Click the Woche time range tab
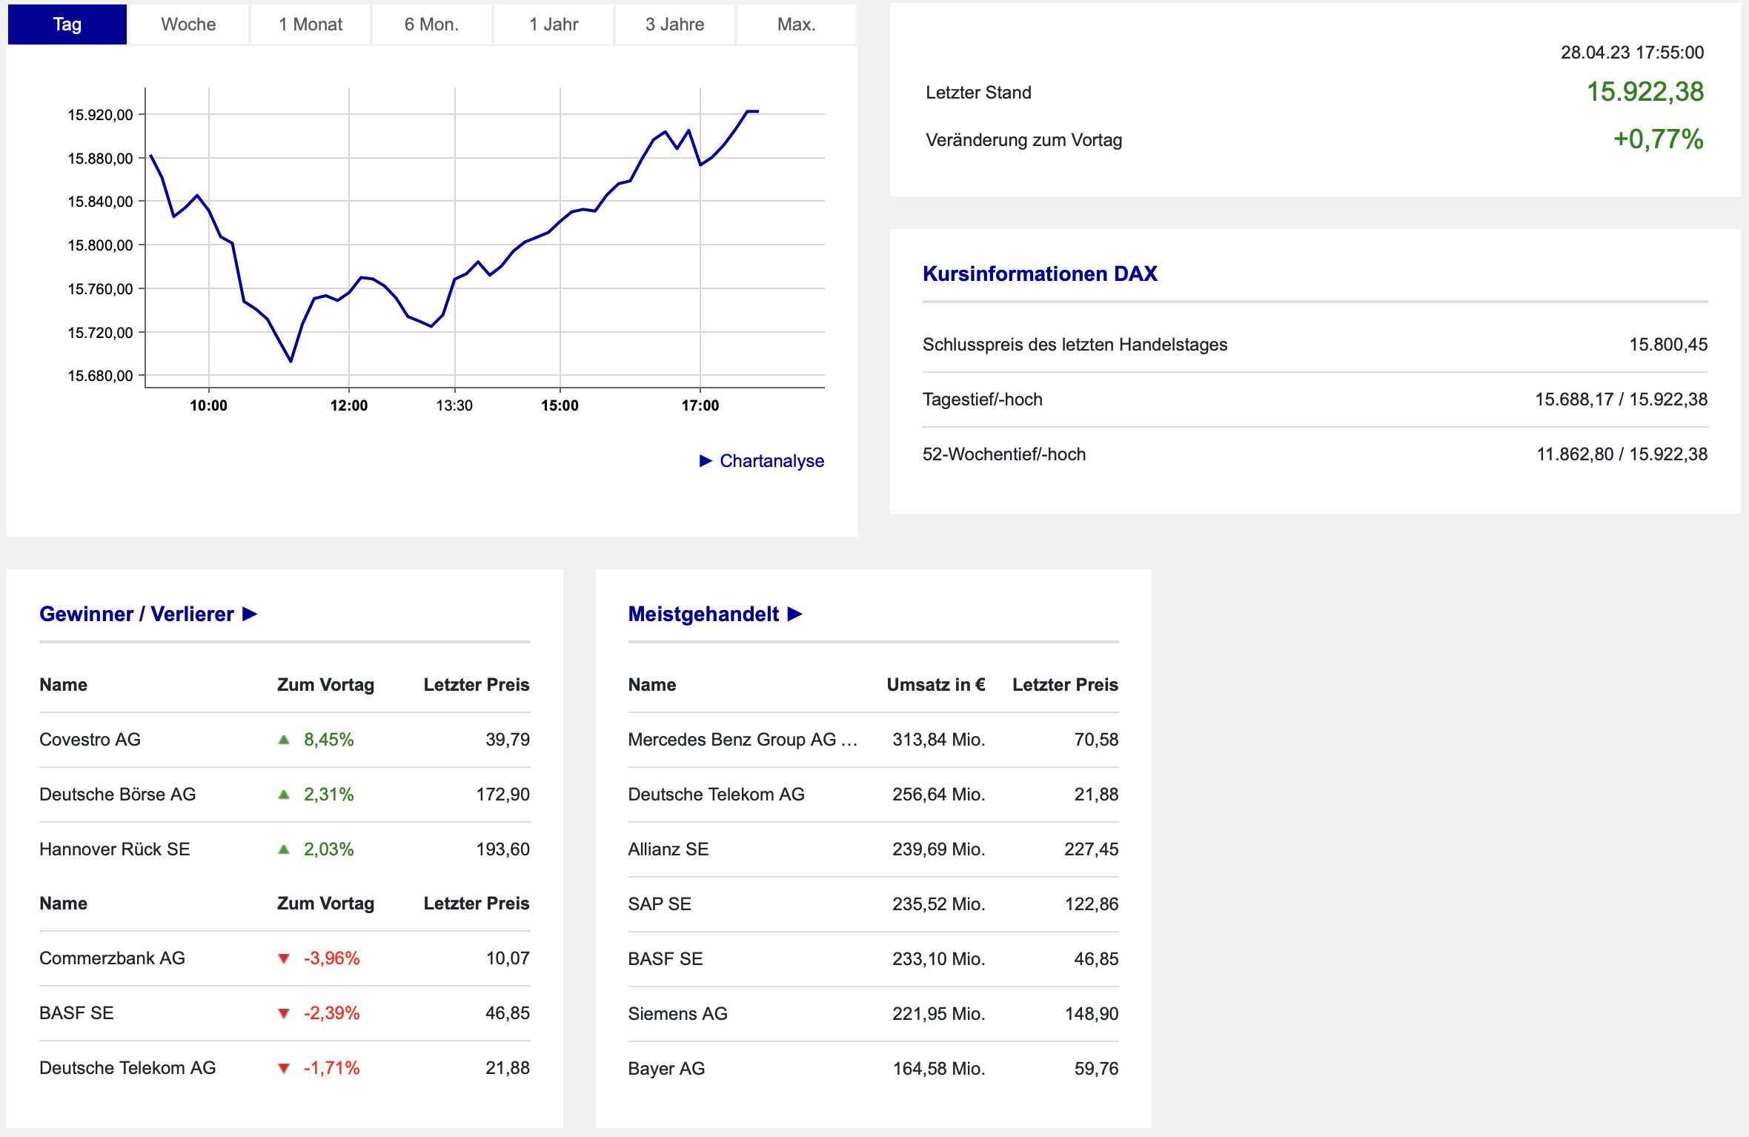tap(188, 24)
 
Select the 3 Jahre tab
tap(674, 24)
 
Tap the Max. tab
tap(796, 24)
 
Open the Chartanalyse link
tap(771, 461)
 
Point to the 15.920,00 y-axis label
tap(100, 115)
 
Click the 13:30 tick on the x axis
tap(454, 405)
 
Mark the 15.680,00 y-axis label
tap(100, 376)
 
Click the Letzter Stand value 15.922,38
tap(1645, 92)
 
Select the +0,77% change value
tap(1658, 139)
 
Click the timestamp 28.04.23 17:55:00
tap(1632, 53)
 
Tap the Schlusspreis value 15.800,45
tap(1667, 345)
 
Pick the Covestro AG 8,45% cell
tap(328, 740)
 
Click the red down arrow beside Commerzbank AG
tap(283, 958)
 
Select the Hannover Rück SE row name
tap(114, 849)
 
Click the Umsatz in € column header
tap(935, 685)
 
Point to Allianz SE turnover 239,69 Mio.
tap(938, 849)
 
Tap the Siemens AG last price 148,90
tap(1091, 1014)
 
